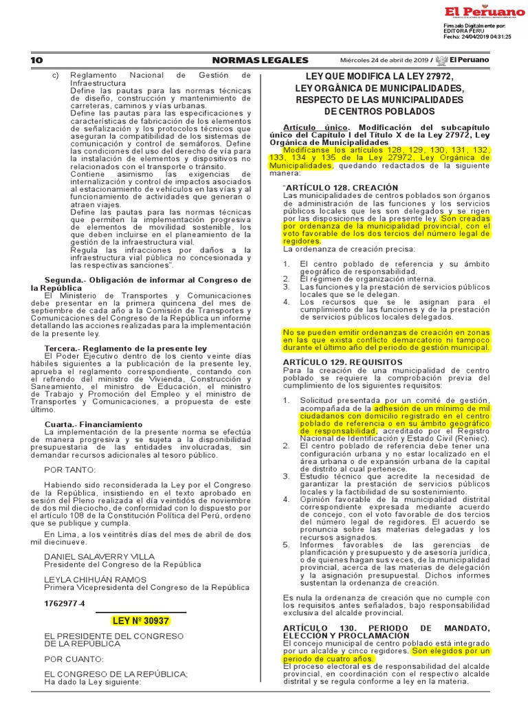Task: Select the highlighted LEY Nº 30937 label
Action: [140, 621]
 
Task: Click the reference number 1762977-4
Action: [64, 604]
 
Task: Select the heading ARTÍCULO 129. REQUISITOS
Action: [333, 362]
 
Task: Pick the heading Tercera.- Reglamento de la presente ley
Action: [125, 349]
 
